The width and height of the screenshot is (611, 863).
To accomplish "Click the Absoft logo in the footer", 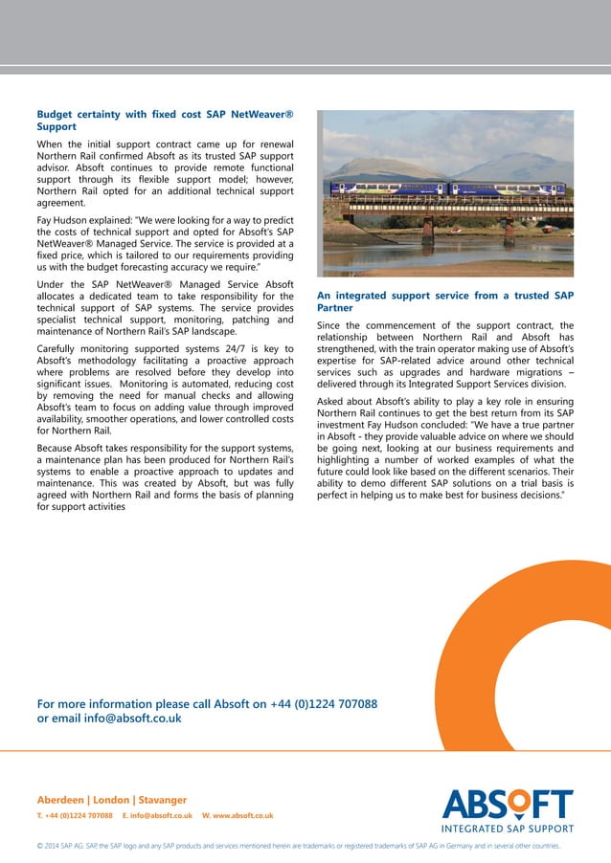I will [507, 804].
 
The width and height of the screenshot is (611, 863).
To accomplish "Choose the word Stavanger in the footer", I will [162, 799].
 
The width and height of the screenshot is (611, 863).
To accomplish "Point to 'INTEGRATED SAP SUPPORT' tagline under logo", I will [507, 829].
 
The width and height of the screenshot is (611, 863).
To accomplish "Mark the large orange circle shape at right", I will [536, 670].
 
